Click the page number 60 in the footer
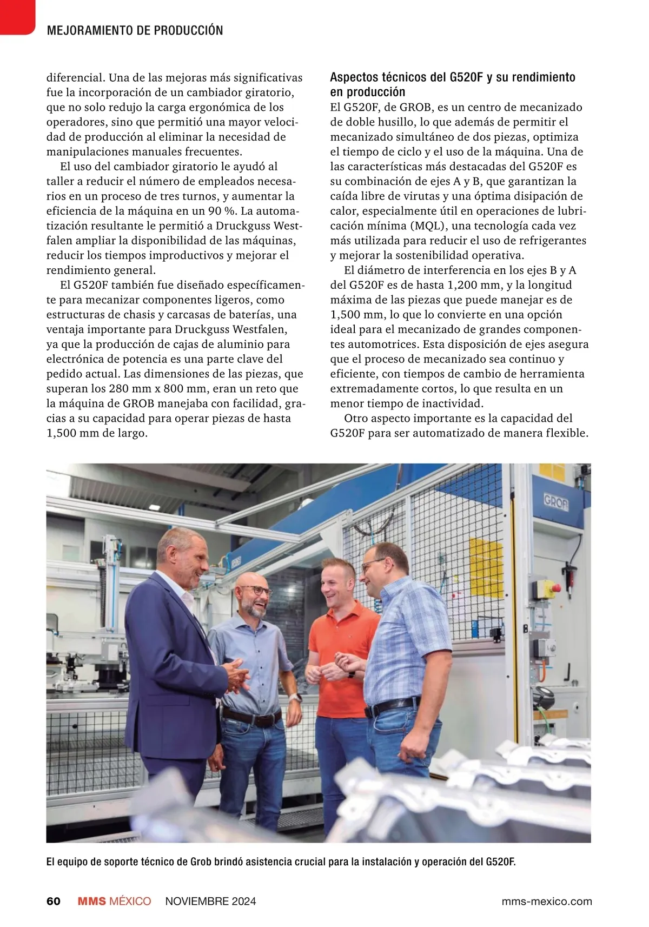pyautogui.click(x=54, y=901)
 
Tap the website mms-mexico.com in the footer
pyautogui.click(x=546, y=901)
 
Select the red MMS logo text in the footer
pyautogui.click(x=92, y=901)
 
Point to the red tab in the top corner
pyautogui.click(x=16, y=15)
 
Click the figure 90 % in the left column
pyautogui.click(x=223, y=211)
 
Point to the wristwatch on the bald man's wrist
pyautogui.click(x=295, y=697)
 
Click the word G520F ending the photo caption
pyautogui.click(x=500, y=862)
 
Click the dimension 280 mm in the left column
pyautogui.click(x=127, y=388)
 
